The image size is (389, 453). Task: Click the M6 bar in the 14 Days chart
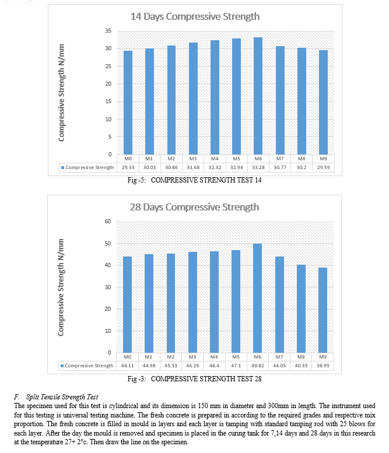coord(258,96)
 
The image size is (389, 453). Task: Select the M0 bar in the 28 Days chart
coord(128,304)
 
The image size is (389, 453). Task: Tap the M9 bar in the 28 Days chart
coord(323,310)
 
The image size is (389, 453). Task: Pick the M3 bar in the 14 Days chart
coord(194,99)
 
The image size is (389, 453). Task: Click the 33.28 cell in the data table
coord(258,167)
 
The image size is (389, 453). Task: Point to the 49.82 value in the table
coord(258,366)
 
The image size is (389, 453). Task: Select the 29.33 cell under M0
coord(128,167)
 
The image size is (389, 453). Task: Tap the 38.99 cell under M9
coord(323,366)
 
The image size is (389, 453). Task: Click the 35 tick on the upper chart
coord(108,31)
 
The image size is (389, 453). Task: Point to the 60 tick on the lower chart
coord(107,222)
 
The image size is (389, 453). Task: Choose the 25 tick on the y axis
coord(108,66)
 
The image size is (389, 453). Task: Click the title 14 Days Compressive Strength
coord(195,16)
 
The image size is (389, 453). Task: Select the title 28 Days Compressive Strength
coord(194,207)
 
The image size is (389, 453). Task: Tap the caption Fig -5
coord(136,180)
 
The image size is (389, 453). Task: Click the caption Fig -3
coord(136,379)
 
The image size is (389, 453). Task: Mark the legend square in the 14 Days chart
coord(62,167)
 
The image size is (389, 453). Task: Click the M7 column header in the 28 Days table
coord(279,357)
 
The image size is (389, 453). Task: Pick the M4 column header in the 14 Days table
coord(215,159)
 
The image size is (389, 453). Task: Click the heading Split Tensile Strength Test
coord(62,397)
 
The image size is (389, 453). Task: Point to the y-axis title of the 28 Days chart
coord(61,287)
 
